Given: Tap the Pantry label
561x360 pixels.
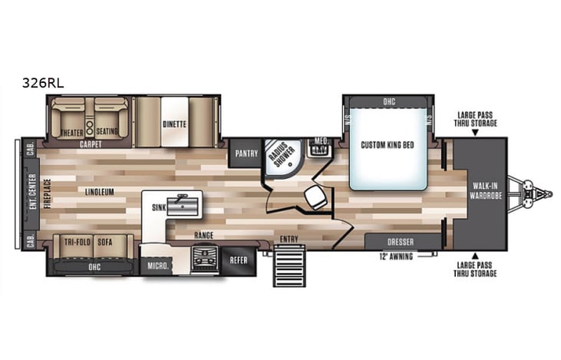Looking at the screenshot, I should pos(246,153).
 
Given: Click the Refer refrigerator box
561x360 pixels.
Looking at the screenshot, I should pos(239,260).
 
